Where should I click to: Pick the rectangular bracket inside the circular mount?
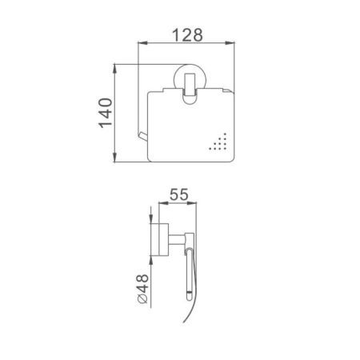click(189, 88)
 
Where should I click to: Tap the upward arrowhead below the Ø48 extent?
click(151, 262)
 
